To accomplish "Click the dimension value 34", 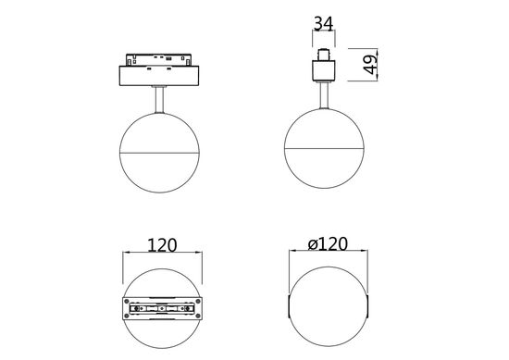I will coord(323,21).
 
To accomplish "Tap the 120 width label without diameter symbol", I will coord(163,247).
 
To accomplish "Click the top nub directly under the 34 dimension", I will coord(325,49).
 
